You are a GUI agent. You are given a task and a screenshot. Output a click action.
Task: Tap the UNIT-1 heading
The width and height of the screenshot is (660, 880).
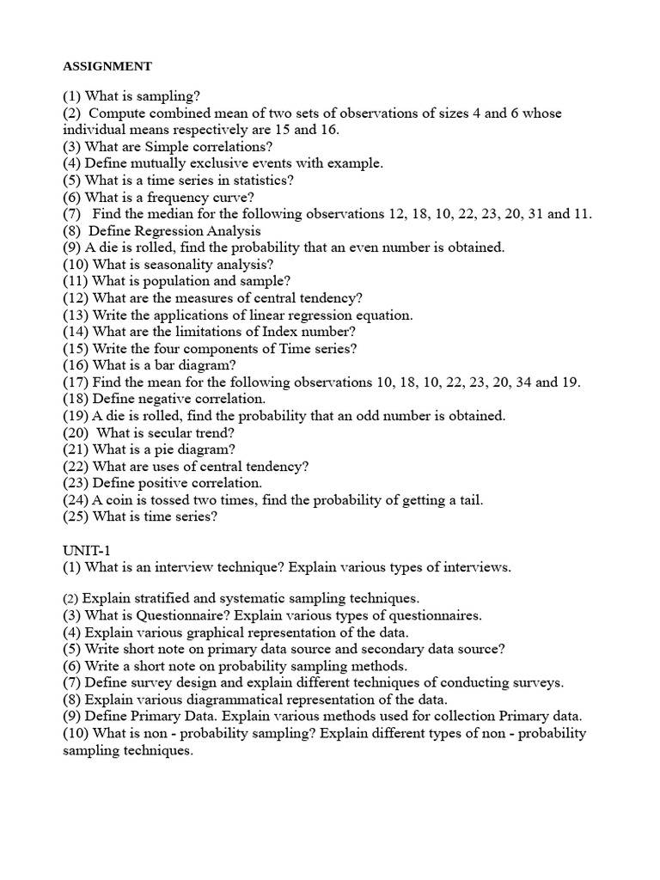[x=86, y=551]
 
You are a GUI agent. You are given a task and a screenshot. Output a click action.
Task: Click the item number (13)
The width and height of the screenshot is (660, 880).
[x=76, y=315]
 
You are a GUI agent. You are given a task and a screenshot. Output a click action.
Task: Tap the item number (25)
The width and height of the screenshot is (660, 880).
[x=76, y=517]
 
